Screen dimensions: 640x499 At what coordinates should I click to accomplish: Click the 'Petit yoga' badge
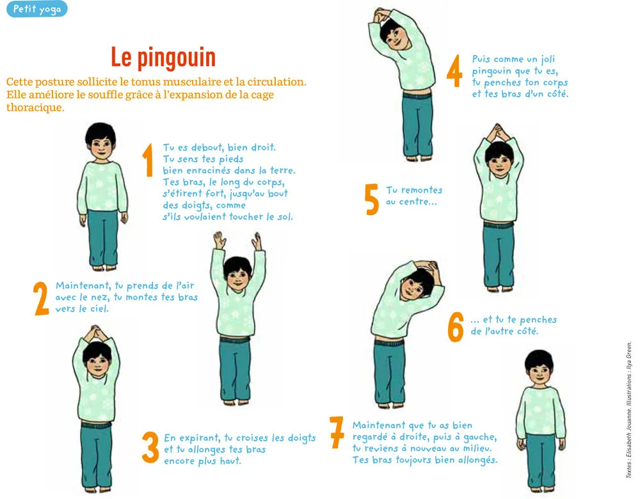coord(36,8)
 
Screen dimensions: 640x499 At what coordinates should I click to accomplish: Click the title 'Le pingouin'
coord(163,58)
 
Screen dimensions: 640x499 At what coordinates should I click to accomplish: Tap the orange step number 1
coord(148,160)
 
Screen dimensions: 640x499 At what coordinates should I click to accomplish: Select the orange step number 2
coord(41,298)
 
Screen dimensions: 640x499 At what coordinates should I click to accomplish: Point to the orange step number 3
coord(150,447)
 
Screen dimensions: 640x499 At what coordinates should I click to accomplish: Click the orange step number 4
coord(454,71)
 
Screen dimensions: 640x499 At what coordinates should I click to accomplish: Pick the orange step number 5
coord(371,199)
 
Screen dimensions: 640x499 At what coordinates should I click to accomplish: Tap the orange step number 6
coord(456,326)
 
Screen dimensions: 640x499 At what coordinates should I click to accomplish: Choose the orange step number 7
coord(337,432)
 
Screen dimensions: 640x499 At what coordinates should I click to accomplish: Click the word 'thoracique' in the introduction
coord(35,107)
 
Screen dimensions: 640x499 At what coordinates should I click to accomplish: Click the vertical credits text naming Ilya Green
coord(629,409)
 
